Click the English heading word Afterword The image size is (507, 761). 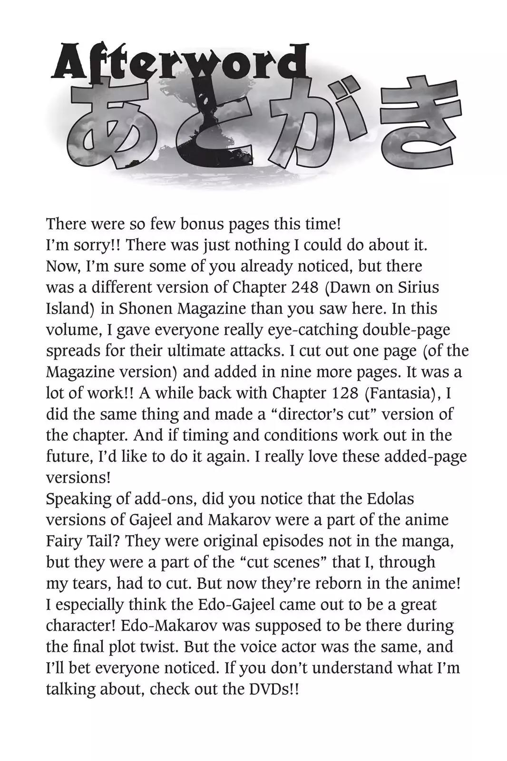click(x=178, y=64)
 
